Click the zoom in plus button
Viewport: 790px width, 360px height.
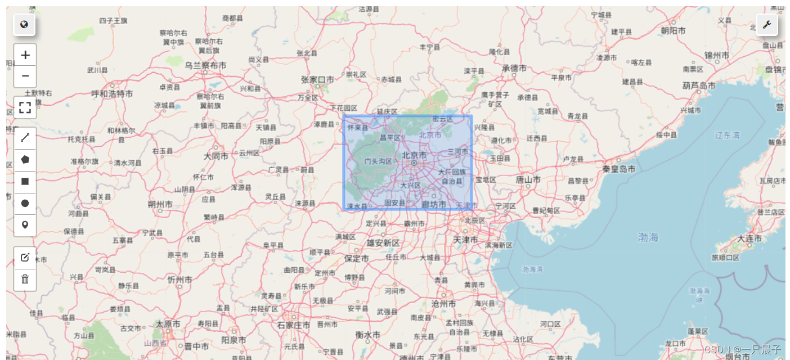pos(25,55)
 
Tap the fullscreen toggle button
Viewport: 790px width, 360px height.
pos(25,107)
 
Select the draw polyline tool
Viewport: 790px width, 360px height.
pos(25,138)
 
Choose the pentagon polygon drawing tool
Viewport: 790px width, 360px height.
pos(25,160)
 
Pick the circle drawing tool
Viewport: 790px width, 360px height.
pos(25,204)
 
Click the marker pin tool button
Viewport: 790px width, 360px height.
pos(25,226)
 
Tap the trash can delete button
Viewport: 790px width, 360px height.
pos(25,279)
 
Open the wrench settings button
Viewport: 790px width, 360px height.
pos(766,25)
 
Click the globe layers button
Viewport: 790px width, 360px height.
pos(24,25)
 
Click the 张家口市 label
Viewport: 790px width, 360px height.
pos(317,80)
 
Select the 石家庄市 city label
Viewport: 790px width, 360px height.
pos(293,325)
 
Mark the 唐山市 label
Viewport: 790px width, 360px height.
pos(528,179)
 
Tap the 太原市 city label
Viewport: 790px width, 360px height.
pos(168,324)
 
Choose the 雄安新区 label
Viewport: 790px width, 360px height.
pos(383,243)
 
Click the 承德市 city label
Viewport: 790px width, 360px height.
pos(514,68)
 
